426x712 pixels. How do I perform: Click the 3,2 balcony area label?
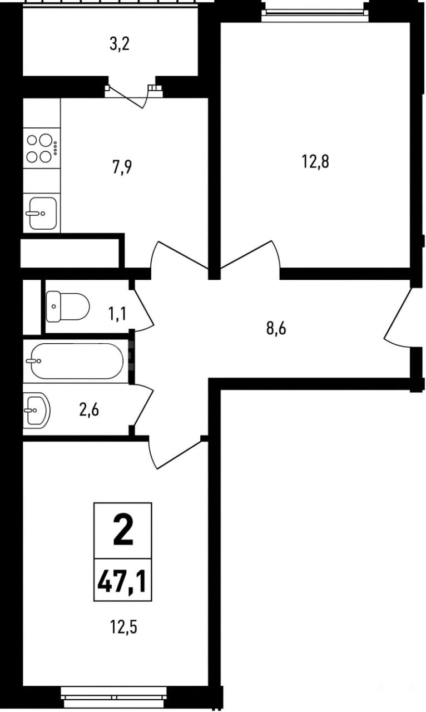tap(120, 44)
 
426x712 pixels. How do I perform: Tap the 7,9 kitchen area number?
tap(122, 167)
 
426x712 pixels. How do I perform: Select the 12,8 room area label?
tap(315, 162)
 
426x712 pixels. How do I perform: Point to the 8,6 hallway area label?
tap(276, 328)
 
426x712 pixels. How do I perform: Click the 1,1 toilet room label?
tap(118, 314)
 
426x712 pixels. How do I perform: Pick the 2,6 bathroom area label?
tap(89, 410)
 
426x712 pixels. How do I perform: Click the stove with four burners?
tap(42, 148)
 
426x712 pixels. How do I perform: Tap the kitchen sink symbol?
tap(43, 213)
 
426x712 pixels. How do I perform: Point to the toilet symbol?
tap(68, 306)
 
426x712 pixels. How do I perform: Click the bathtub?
tap(76, 361)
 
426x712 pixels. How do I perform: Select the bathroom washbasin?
tap(37, 410)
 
